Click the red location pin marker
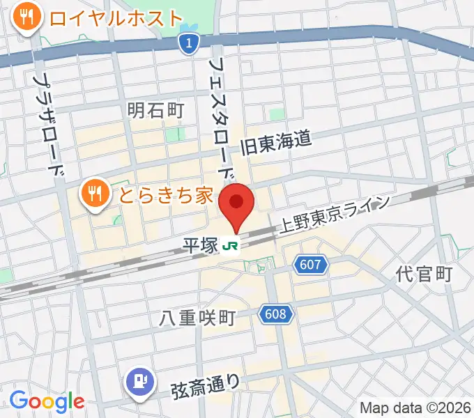236,204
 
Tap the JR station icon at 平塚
231,246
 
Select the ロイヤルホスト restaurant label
116,17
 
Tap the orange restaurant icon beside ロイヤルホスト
28,17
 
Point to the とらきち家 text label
165,194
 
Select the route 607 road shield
307,265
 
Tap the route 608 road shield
275,315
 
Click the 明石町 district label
155,110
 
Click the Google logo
46,401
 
